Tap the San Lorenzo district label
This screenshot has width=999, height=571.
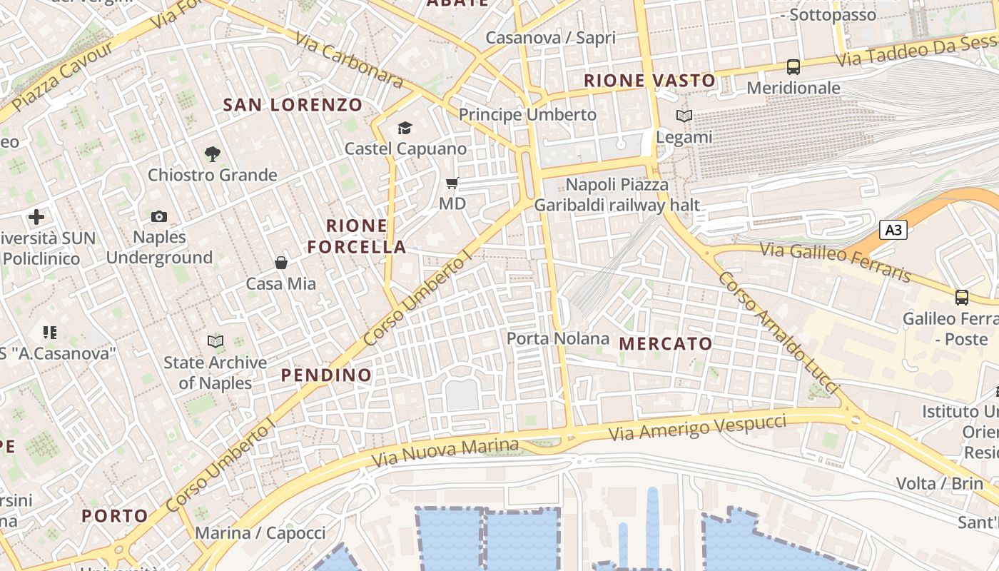point(293,105)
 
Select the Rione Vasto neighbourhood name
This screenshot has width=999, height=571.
point(649,80)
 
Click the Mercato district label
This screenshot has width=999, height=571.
point(666,343)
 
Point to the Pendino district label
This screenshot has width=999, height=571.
point(326,375)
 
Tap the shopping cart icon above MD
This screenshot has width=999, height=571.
point(452,183)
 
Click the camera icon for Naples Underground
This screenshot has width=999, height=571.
point(159,216)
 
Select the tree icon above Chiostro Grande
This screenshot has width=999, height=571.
point(212,153)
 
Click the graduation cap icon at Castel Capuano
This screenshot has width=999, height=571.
point(405,128)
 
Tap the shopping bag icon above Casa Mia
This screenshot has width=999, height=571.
point(281,263)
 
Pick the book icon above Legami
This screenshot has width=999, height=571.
point(684,116)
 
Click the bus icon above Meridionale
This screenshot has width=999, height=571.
point(793,67)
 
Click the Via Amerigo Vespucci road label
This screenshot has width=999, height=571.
point(697,427)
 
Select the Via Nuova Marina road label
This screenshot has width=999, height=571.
point(446,450)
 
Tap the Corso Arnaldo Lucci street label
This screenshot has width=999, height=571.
point(779,333)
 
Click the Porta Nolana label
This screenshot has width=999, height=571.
point(558,338)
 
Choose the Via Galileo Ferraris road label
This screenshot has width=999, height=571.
point(835,261)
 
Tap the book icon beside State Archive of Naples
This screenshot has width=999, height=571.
point(215,341)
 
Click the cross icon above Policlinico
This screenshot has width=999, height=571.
point(36,216)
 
